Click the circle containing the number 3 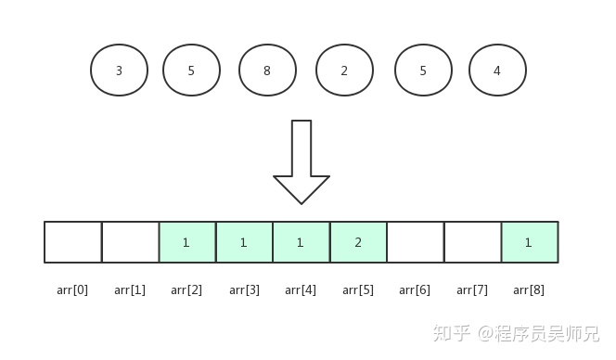pos(119,71)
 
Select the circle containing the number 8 pos(267,71)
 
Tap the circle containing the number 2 pos(344,71)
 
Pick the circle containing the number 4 pos(497,71)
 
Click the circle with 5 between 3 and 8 pos(191,71)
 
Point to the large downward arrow pos(301,161)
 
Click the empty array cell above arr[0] pos(72,242)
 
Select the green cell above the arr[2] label pos(186,242)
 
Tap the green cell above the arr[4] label pos(301,242)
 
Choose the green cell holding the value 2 pos(358,242)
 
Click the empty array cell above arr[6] pos(415,242)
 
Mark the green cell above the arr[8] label pos(529,242)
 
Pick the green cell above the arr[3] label pos(244,242)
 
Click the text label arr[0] pos(72,290)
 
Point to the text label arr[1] pos(130,290)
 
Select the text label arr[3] pos(244,290)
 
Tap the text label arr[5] pos(358,290)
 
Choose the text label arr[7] pos(472,290)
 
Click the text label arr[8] pos(529,290)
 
